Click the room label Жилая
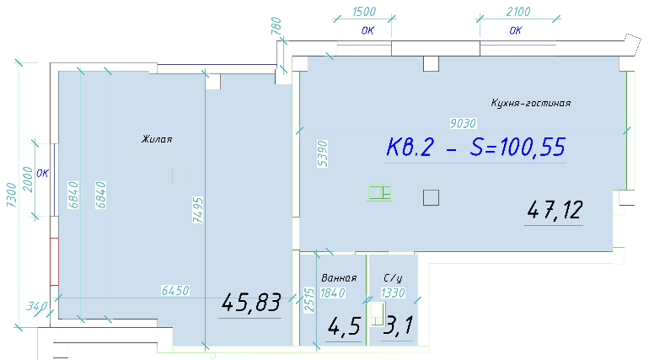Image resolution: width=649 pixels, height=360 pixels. (157, 139)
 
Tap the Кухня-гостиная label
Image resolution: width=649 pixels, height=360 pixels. (531, 103)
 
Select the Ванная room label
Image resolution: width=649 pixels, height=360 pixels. (339, 277)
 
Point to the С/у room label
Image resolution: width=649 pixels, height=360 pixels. (393, 277)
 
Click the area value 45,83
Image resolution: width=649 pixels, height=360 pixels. (251, 303)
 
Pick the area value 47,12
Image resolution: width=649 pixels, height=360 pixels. (555, 210)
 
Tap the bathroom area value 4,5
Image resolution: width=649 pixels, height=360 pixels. (344, 327)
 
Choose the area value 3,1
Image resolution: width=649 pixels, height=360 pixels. (398, 325)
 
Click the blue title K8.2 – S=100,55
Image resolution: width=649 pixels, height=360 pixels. (475, 147)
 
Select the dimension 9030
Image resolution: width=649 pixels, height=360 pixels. (464, 123)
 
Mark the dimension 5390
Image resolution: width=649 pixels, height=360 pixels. (323, 153)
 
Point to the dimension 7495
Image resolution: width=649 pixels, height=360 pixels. (198, 210)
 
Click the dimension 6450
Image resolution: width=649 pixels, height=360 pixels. (175, 291)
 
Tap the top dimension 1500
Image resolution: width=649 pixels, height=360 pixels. (364, 12)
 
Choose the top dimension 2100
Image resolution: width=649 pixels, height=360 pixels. (518, 12)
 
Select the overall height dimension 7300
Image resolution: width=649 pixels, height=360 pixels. (11, 195)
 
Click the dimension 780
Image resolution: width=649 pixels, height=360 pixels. (276, 25)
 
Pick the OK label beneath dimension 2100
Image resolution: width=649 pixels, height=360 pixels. (516, 30)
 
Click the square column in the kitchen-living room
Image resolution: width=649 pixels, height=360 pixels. (431, 198)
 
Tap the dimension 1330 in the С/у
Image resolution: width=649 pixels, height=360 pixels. (393, 293)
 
